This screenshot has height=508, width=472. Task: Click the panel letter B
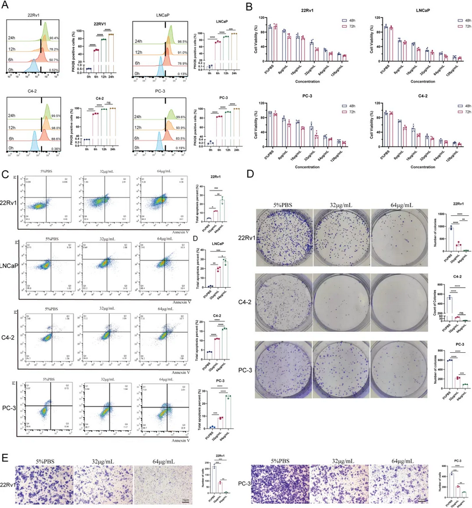click(250, 8)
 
